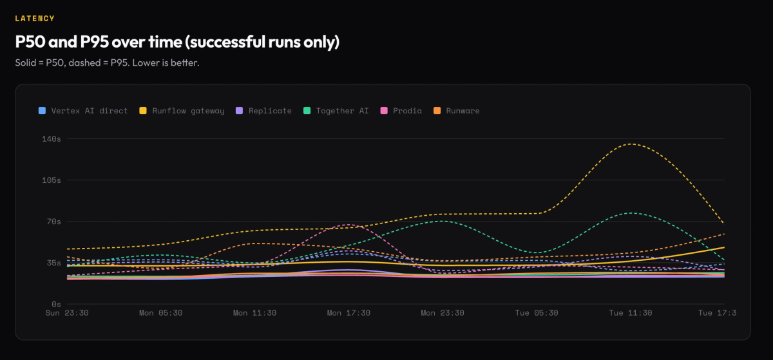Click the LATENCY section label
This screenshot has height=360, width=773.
coord(35,19)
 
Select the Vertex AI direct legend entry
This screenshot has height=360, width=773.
coord(84,111)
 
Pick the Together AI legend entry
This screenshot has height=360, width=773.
coord(336,111)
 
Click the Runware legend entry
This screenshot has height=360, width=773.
coord(457,111)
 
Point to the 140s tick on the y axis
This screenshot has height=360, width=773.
coord(52,139)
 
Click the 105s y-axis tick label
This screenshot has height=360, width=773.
coord(52,180)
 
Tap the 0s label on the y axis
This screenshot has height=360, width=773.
coord(56,304)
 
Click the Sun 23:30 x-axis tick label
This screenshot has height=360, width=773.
coord(66,313)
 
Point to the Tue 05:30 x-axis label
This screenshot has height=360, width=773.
coord(537,313)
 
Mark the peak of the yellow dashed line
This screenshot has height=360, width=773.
coord(630,144)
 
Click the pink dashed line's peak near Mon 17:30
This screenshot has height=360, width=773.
coord(348,224)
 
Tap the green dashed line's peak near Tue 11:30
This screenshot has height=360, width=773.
coord(630,213)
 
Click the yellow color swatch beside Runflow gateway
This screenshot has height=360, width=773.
coord(143,111)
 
